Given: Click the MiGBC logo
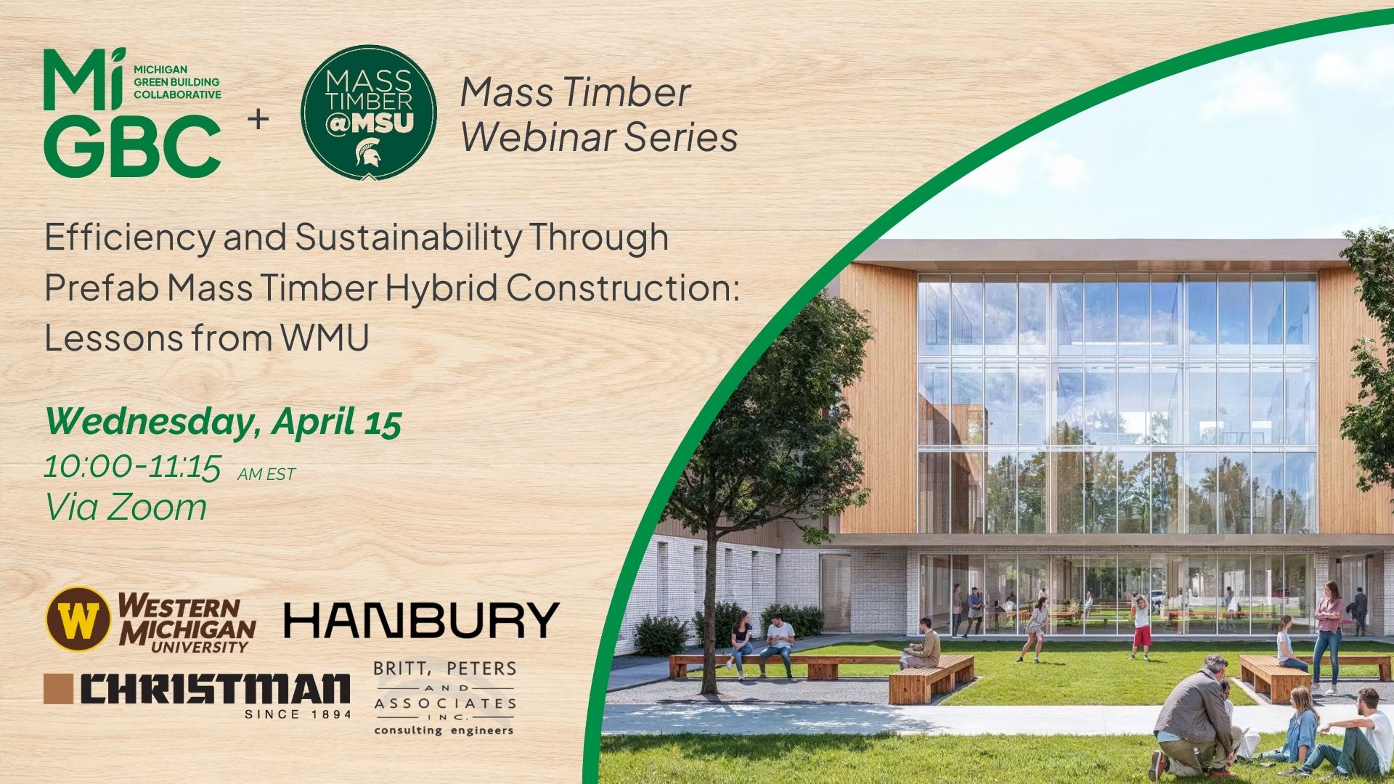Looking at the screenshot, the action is click(x=132, y=113).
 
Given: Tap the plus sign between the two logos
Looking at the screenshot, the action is click(x=258, y=118).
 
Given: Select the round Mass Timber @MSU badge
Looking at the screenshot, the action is click(x=369, y=113).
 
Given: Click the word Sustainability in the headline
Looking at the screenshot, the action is click(x=408, y=237).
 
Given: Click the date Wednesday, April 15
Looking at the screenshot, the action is click(x=223, y=422).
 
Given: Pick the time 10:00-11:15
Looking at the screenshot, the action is click(x=131, y=467).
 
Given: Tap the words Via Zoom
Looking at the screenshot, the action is click(x=126, y=507).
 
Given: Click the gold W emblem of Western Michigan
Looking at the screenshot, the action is click(x=78, y=618).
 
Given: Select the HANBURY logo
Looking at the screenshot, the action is click(x=421, y=620).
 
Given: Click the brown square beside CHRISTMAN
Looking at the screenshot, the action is click(x=58, y=689).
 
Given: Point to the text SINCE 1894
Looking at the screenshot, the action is click(x=298, y=714).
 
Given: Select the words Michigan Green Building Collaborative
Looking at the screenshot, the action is click(x=177, y=82).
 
